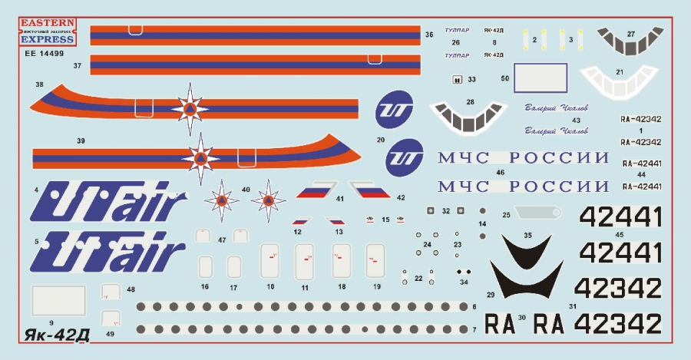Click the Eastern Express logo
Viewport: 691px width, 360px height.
click(47, 31)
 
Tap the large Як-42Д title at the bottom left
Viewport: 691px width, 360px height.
click(53, 336)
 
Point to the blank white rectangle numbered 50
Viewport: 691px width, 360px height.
click(540, 78)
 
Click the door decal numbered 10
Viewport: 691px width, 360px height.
click(269, 262)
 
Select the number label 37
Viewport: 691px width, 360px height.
click(78, 67)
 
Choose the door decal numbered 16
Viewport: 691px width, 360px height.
click(205, 266)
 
